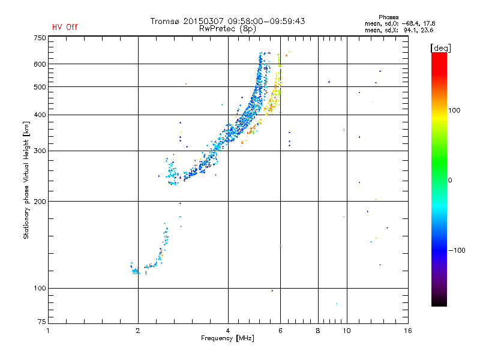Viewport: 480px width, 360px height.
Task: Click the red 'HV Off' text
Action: pos(64,27)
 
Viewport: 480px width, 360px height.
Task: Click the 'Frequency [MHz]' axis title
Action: pos(227,339)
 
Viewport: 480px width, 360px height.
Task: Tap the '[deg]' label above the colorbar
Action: pos(441,47)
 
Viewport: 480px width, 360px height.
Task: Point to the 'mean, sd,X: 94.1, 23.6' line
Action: pos(399,29)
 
